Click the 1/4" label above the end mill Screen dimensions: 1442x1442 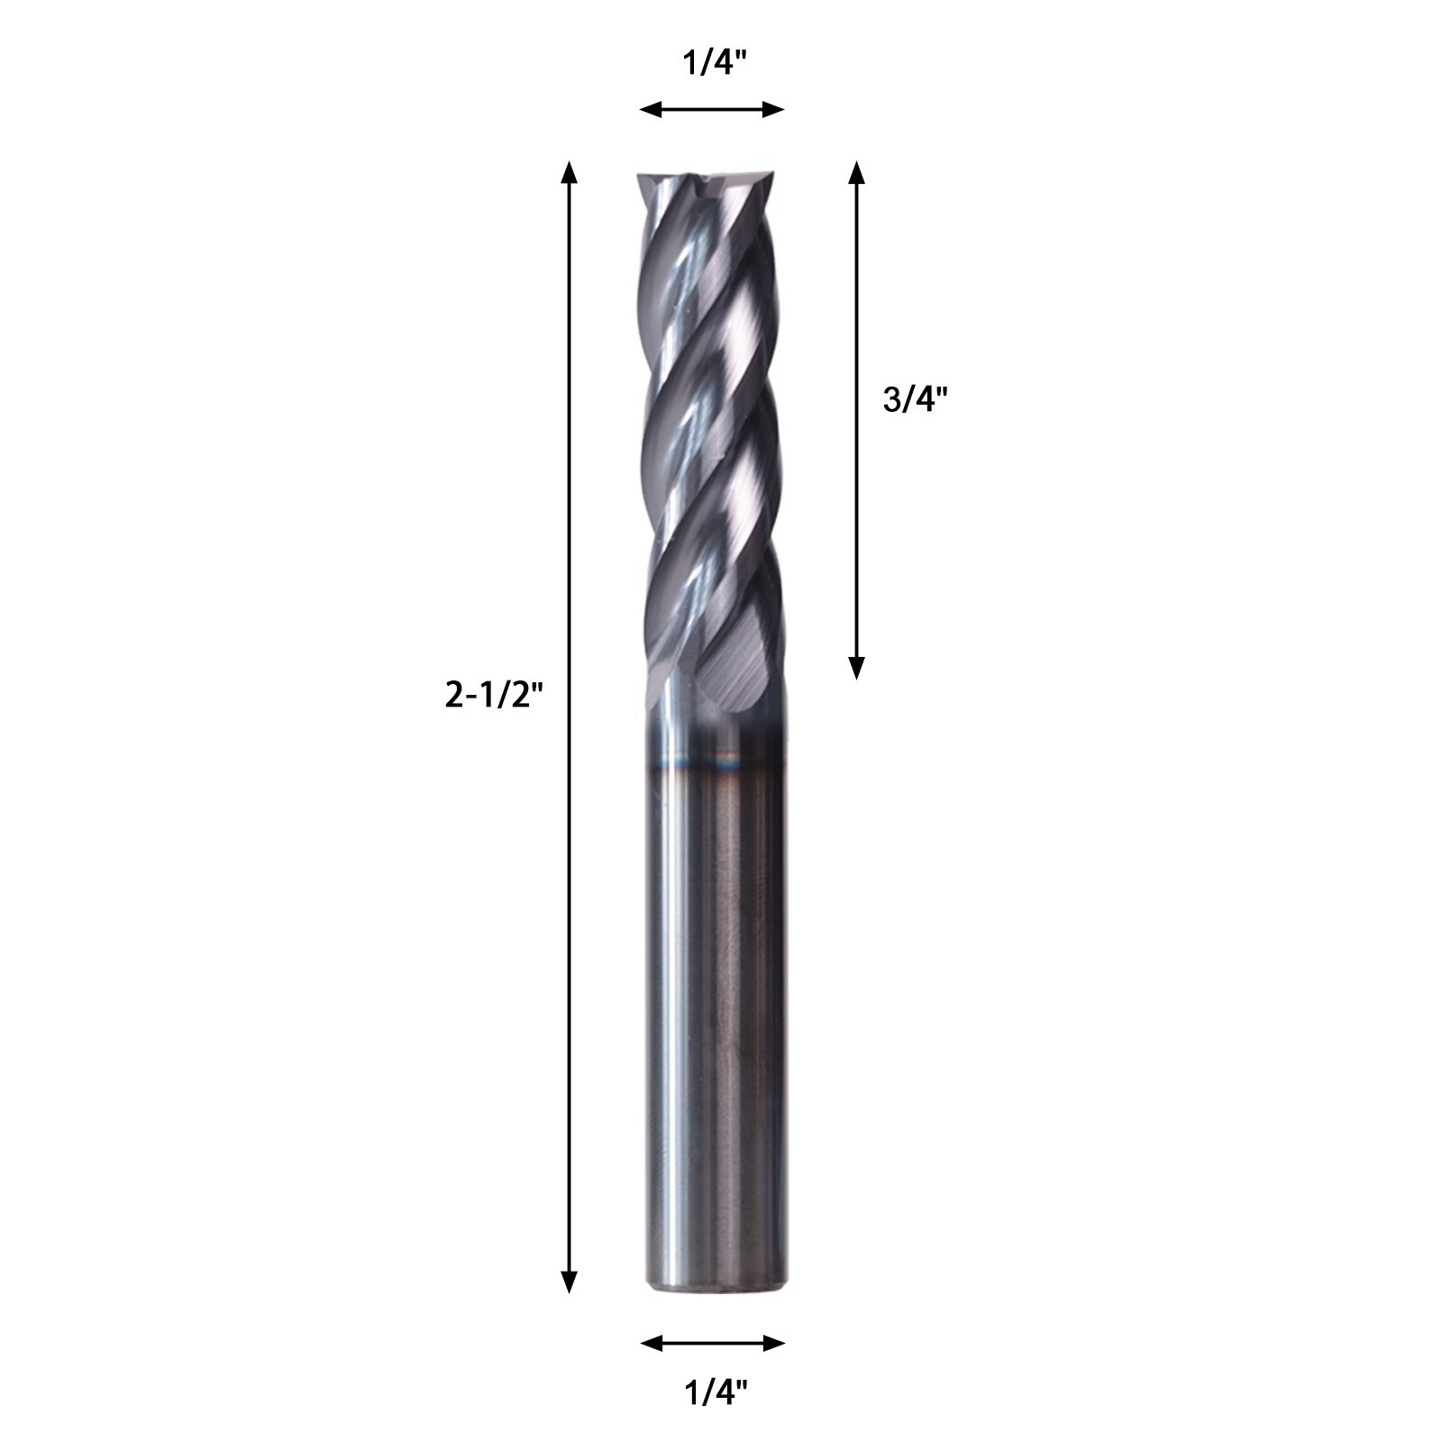712,64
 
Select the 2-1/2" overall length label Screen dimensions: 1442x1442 495,695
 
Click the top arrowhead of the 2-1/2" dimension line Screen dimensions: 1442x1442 568,173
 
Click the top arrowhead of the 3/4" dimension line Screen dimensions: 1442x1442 856,173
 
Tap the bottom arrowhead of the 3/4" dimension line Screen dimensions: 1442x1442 856,667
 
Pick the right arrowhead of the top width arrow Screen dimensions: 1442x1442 775,110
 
